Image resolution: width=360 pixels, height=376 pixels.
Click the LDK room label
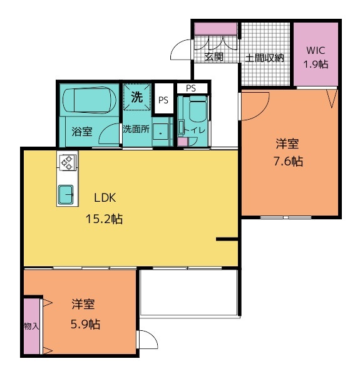105,198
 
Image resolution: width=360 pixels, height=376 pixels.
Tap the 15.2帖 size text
104,219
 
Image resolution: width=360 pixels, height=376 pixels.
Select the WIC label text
316,51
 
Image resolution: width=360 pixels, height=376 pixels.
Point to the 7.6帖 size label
288,162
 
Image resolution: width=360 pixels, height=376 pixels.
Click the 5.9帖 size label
86,325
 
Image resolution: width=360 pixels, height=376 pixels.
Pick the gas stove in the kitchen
68,162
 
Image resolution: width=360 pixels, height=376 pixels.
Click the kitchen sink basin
66,194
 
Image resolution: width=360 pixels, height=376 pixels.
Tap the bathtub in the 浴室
90,100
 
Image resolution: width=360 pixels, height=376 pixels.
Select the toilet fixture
198,109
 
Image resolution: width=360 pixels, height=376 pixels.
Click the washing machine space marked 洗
136,97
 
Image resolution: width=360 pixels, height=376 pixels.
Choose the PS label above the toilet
191,88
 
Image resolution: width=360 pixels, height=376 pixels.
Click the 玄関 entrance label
214,57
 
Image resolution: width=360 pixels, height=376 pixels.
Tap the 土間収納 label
265,58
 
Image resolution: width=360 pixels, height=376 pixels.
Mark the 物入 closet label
31,326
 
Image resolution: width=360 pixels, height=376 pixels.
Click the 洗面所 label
136,129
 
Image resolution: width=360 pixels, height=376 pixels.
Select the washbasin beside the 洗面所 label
160,132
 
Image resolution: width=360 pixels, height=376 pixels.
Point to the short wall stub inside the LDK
227,239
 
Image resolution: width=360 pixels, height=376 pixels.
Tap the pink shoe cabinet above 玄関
215,29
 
